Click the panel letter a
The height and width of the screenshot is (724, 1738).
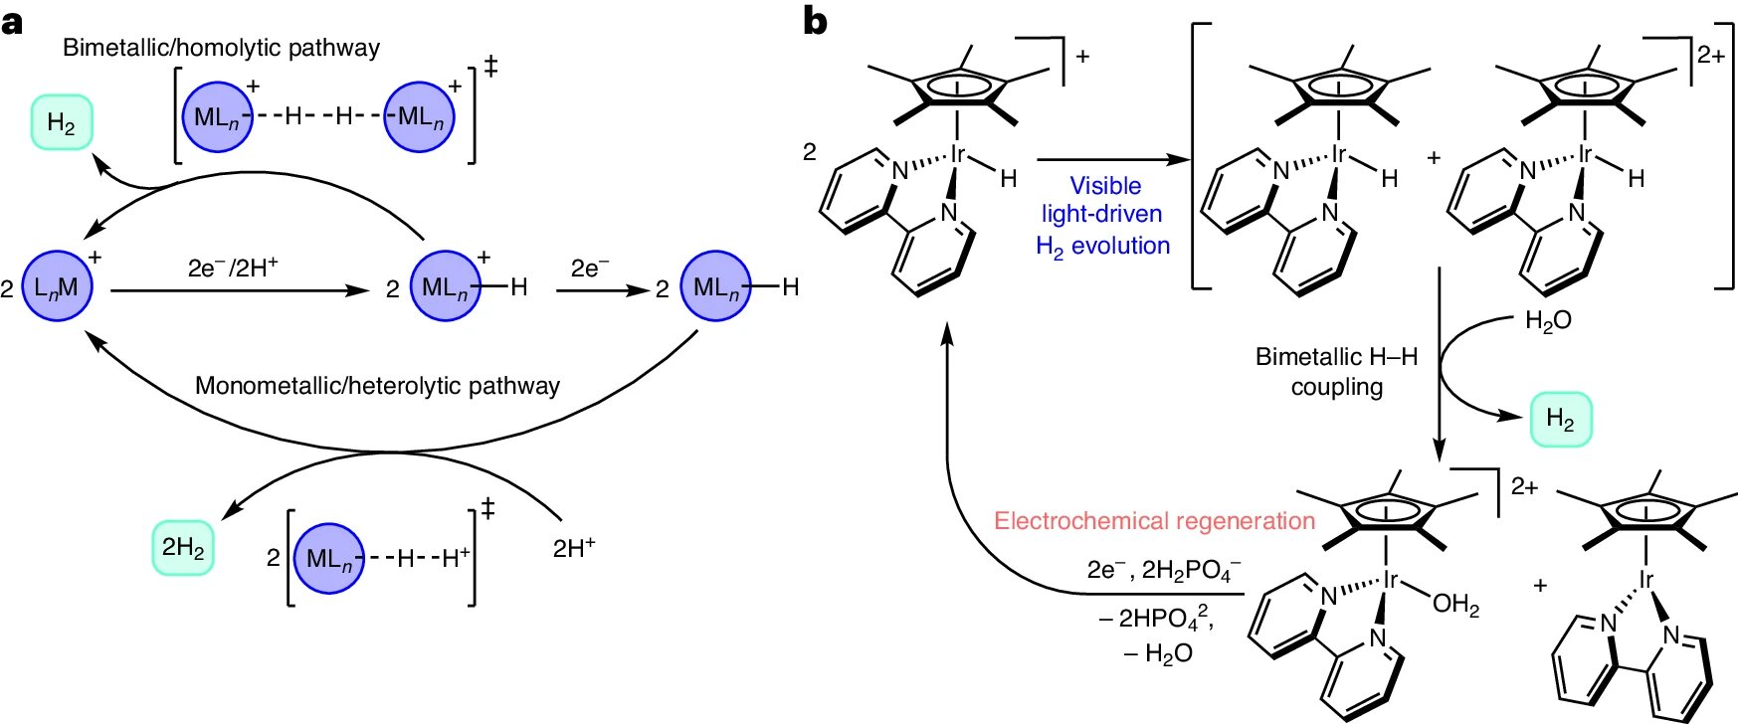pos(12,22)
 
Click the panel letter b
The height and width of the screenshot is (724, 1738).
pos(815,21)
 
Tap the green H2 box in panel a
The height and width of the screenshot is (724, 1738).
pos(62,122)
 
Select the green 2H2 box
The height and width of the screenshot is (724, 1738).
pos(183,547)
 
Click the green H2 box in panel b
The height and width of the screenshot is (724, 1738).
pos(1560,419)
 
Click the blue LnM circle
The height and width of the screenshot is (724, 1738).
pos(57,286)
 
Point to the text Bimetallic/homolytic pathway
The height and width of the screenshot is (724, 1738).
pos(221,48)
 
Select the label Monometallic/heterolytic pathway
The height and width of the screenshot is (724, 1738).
pos(377,386)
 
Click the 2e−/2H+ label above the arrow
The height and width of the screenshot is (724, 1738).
pos(232,268)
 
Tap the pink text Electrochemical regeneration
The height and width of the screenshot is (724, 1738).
pos(1154,521)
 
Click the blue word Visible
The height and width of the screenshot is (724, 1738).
pos(1105,186)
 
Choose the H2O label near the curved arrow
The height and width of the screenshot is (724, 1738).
pos(1548,320)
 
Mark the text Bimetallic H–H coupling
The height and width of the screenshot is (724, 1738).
pos(1336,371)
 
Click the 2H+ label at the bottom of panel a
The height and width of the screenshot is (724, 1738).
pos(574,547)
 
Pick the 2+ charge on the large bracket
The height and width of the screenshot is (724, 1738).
pos(1710,55)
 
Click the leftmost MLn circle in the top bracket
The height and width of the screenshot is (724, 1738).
pos(217,117)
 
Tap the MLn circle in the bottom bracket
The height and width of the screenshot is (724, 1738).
pos(329,558)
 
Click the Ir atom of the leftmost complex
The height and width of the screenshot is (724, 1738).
pos(957,154)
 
